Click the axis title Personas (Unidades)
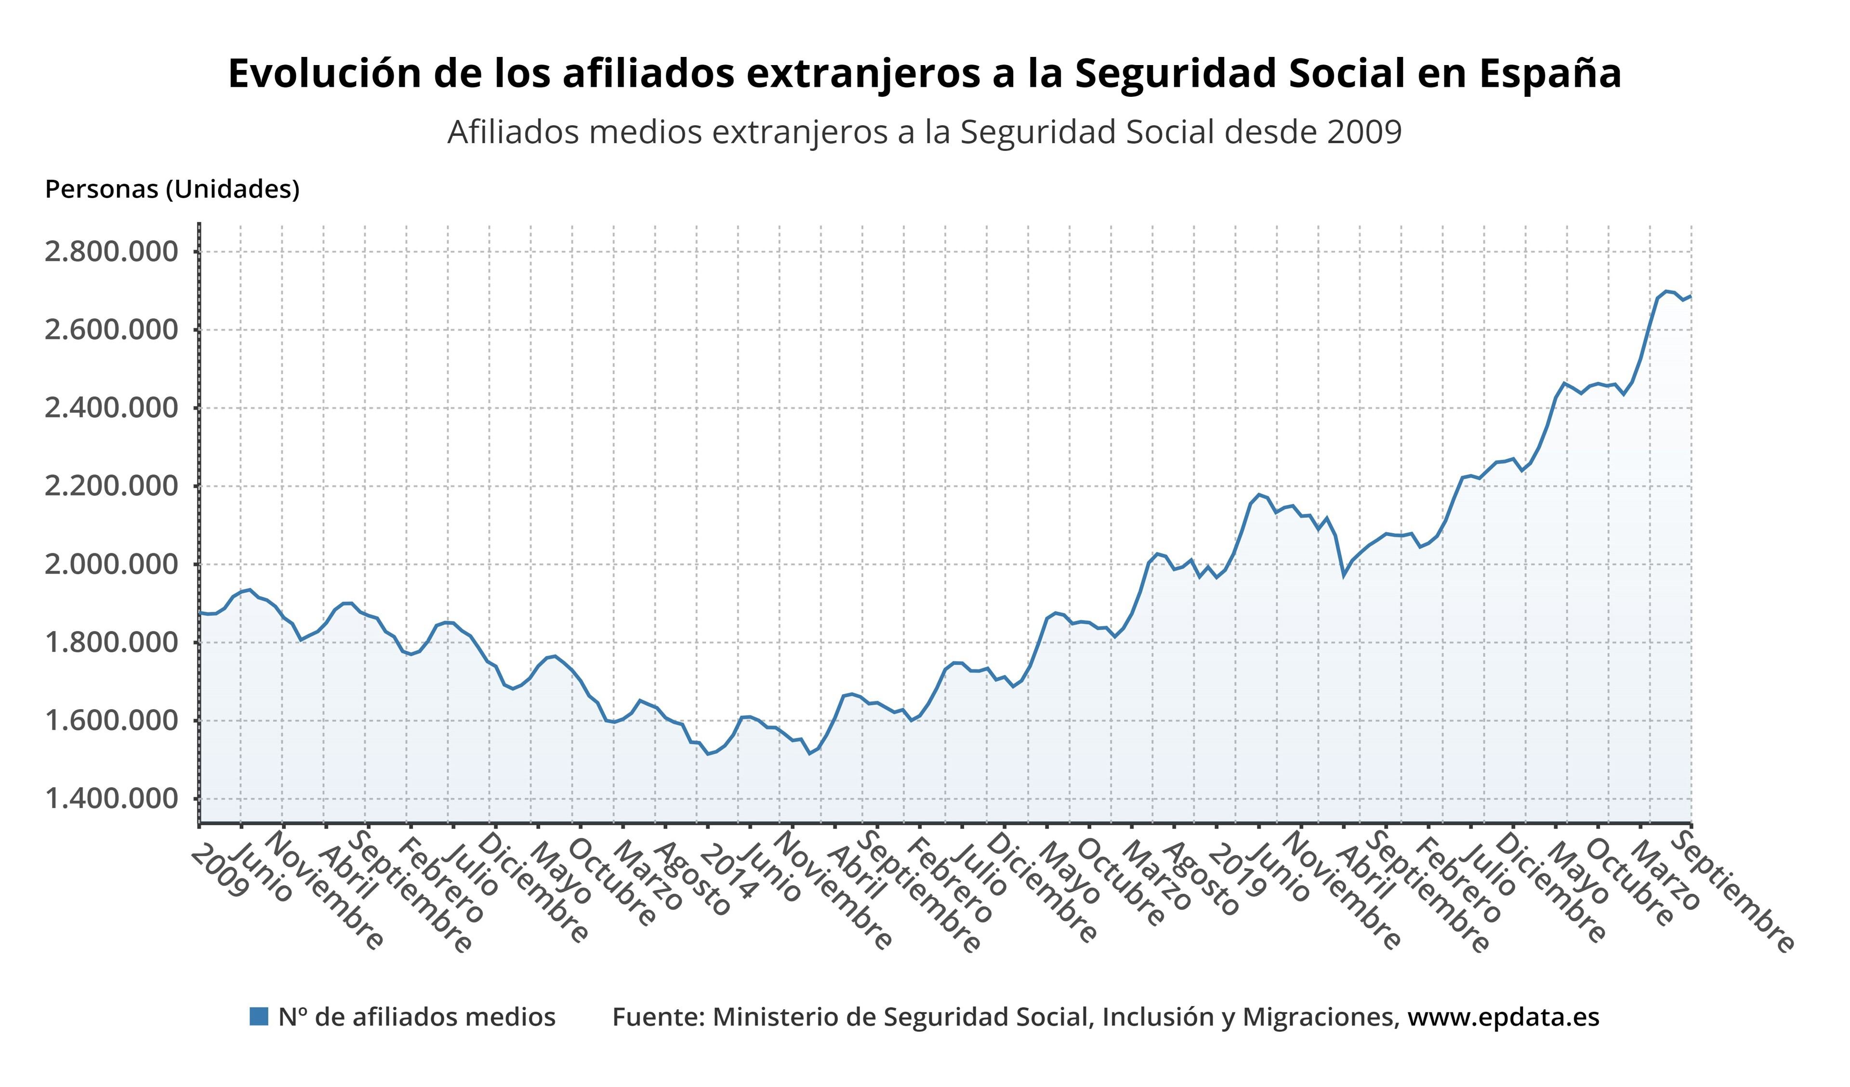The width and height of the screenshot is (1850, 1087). (172, 189)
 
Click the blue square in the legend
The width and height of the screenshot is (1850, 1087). (259, 1017)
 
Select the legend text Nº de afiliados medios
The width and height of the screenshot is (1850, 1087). (417, 1017)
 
